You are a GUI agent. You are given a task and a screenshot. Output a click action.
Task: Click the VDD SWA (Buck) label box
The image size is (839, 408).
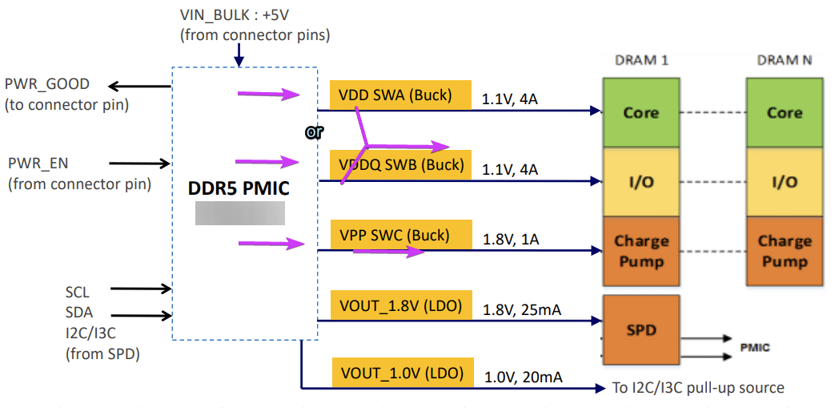pyautogui.click(x=400, y=95)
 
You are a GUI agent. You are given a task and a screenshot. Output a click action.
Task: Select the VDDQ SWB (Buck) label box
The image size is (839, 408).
pyautogui.click(x=400, y=165)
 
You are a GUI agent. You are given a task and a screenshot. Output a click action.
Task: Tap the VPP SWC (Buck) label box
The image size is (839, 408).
pyautogui.click(x=401, y=234)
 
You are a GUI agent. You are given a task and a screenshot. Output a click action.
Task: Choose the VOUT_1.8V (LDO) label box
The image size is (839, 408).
pyautogui.click(x=401, y=305)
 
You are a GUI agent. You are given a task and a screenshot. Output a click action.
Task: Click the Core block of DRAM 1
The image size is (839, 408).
pyautogui.click(x=641, y=112)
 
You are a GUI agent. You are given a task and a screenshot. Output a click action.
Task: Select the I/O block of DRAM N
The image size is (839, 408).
pyautogui.click(x=785, y=182)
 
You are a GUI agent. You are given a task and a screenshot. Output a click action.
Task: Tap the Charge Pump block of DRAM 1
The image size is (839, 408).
pyautogui.click(x=641, y=251)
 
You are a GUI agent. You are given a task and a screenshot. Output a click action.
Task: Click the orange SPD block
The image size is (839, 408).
pyautogui.click(x=641, y=329)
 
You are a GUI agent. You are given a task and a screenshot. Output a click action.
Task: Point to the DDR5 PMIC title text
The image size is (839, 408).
pyautogui.click(x=239, y=188)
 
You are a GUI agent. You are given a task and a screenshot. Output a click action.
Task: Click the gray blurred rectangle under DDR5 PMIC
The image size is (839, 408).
pyautogui.click(x=239, y=213)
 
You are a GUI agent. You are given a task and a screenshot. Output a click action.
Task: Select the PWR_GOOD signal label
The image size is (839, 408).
pyautogui.click(x=47, y=84)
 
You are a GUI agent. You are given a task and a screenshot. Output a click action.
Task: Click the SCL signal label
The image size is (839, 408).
pyautogui.click(x=78, y=293)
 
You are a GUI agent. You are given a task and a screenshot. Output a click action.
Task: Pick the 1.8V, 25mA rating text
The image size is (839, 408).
pyautogui.click(x=522, y=309)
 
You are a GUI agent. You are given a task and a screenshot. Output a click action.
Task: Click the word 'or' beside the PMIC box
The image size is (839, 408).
pyautogui.click(x=314, y=132)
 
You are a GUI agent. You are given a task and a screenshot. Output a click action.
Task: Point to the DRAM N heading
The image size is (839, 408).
pyautogui.click(x=785, y=60)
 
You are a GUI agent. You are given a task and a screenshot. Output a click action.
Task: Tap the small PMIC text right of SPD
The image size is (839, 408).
pyautogui.click(x=755, y=348)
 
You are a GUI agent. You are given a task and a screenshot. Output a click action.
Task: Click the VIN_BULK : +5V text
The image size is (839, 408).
pyautogui.click(x=235, y=14)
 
